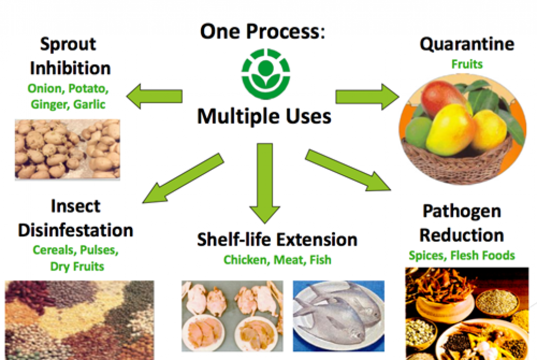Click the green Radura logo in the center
pos(266,73)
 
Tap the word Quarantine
pos(467,44)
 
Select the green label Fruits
pos(467,64)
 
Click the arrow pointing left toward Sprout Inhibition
pos(154,96)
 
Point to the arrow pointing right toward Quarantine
pos(367,97)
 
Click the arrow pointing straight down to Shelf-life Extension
pos(265,183)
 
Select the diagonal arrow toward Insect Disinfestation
pos(183,178)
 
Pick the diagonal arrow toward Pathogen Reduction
pos(347,170)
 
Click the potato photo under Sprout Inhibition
pos(68,149)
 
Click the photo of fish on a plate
pos(339,316)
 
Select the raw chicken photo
pos(232,316)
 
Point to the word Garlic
pos(89,104)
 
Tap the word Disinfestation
pos(76,230)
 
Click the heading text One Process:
pos(263,31)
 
